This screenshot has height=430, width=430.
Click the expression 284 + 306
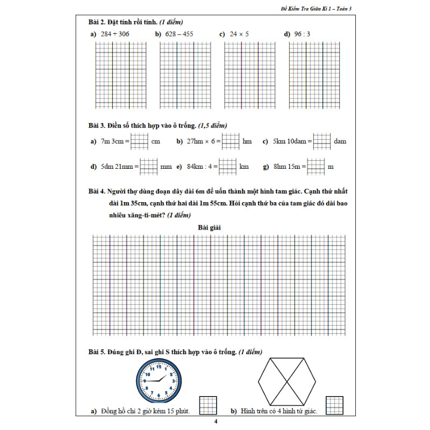coord(114,34)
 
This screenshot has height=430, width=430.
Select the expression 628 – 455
coord(178,34)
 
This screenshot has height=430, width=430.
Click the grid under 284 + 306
coord(120,75)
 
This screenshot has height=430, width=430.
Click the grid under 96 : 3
coord(314,75)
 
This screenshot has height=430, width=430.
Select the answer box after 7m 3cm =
coord(140,141)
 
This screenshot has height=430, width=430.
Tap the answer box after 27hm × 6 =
coord(231,141)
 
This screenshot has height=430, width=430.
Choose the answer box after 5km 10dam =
coord(322,141)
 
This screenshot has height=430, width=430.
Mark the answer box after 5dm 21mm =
coord(148,167)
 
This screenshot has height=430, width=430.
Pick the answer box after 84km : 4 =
coord(227,167)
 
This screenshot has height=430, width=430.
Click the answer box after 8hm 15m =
coord(316,167)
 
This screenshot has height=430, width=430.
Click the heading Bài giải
coord(210,227)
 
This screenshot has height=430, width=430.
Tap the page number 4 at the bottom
coord(215,421)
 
